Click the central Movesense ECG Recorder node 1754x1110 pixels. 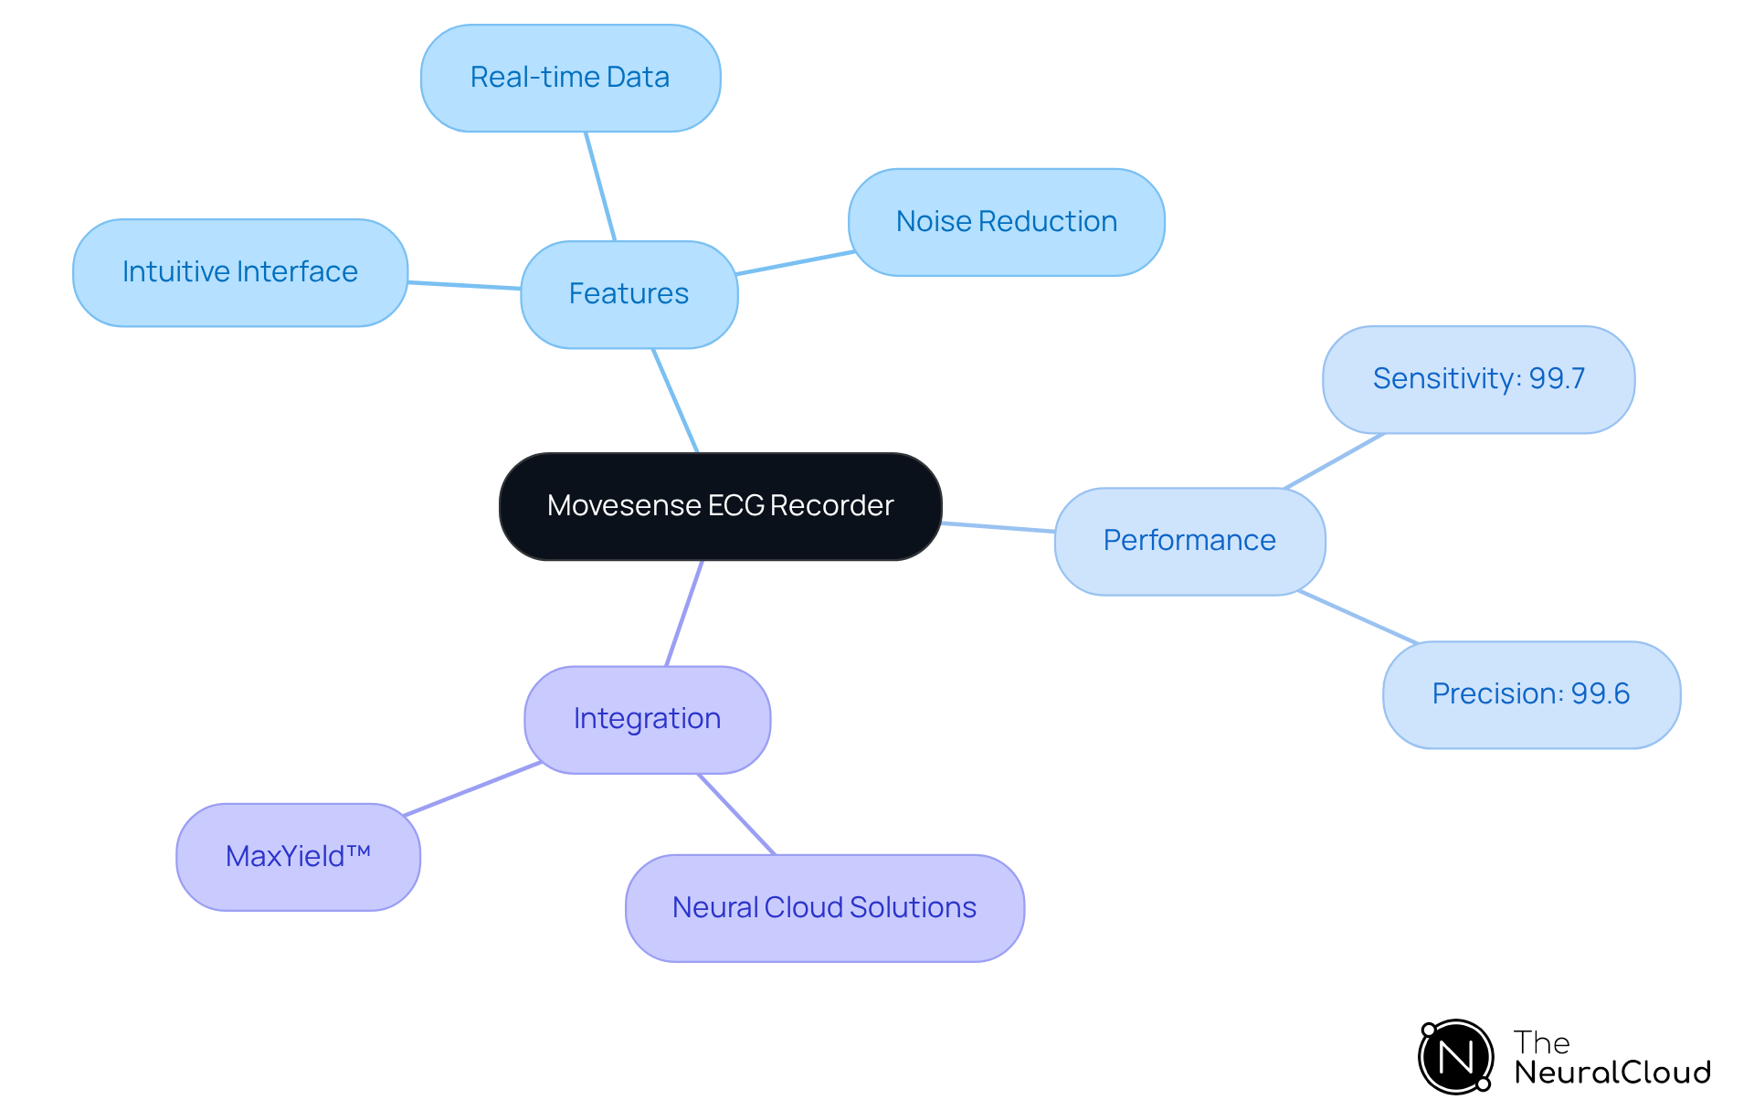click(720, 506)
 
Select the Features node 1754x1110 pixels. click(629, 294)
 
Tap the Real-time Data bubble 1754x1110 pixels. click(570, 78)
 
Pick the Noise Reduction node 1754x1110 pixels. click(1006, 222)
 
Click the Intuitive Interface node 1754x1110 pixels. click(239, 272)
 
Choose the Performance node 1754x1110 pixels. click(1189, 541)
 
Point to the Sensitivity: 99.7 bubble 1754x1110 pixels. click(1478, 379)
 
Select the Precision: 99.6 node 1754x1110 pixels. click(1530, 694)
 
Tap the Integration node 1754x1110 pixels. click(647, 719)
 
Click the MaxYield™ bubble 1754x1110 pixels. click(298, 857)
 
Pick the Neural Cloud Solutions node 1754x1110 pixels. click(824, 908)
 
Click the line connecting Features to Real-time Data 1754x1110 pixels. click(600, 186)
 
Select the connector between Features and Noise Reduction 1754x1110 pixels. click(795, 262)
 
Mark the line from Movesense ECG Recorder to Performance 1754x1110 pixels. click(998, 527)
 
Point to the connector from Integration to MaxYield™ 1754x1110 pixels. click(472, 788)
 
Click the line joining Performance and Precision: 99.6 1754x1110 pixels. click(1358, 617)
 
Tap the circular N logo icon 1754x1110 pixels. click(1455, 1057)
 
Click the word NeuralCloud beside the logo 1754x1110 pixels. click(1611, 1072)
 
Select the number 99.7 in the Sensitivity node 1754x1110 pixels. click(1557, 379)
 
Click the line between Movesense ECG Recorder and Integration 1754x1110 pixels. click(684, 613)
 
